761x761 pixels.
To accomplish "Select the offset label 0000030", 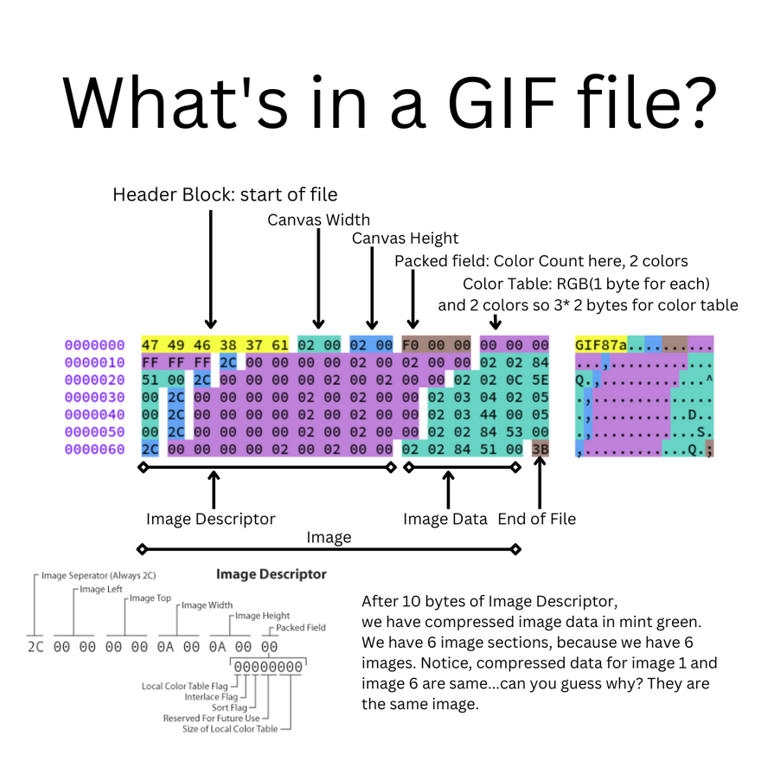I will (94, 397).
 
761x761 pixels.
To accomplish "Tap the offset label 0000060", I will (94, 449).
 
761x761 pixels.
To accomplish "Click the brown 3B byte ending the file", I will (540, 449).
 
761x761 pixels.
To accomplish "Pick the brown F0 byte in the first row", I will (411, 345).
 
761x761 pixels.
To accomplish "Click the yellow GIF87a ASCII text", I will (601, 345).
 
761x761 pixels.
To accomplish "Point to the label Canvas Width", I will (318, 220).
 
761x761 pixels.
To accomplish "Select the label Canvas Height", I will (405, 238).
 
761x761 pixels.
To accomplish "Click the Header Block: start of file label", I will (225, 195).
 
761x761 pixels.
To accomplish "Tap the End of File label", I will (536, 519).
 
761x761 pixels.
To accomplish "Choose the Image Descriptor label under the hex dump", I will (210, 519).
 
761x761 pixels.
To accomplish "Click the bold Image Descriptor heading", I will (271, 573).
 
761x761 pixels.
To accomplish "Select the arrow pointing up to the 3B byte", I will (540, 484).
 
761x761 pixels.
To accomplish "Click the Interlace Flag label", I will (211, 697).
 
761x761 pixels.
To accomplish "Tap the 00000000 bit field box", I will (268, 667).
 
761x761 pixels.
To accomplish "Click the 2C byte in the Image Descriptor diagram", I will (35, 647).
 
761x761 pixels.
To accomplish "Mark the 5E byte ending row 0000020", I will (540, 380).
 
